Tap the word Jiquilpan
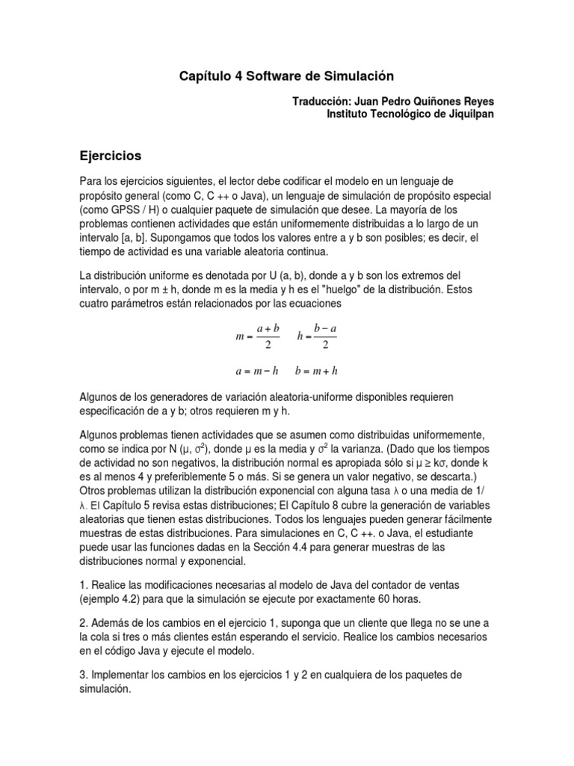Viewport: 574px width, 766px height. pos(461,114)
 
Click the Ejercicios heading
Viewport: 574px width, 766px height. pos(111,156)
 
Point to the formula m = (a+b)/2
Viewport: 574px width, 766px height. pos(257,337)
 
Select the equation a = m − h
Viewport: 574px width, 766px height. pos(256,370)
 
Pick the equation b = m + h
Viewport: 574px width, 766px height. pos(317,370)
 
